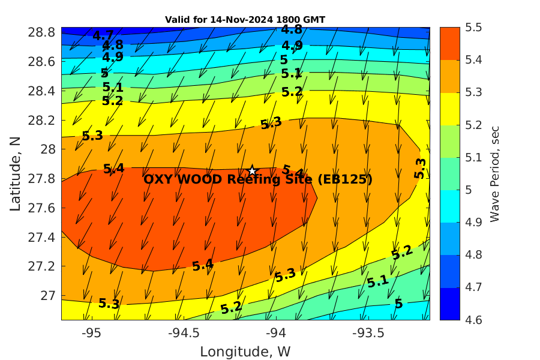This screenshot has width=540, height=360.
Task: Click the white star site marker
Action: click(x=253, y=171)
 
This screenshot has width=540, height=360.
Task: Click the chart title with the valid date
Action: click(x=245, y=20)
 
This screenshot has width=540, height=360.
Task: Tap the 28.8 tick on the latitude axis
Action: click(x=42, y=32)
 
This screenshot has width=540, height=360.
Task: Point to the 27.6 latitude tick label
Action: click(x=42, y=208)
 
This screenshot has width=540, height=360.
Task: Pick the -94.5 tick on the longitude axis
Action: click(x=183, y=332)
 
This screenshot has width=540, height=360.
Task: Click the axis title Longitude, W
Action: click(x=245, y=351)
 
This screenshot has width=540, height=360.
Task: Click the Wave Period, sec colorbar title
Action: click(x=494, y=173)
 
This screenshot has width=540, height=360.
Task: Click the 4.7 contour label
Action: click(x=103, y=35)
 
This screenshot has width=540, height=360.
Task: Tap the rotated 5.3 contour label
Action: click(x=420, y=169)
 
